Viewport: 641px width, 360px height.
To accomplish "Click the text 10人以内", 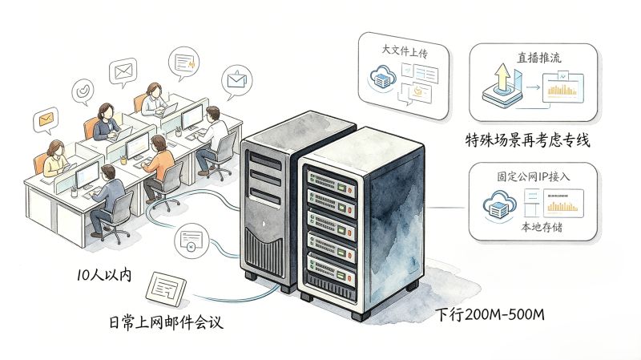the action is tap(104, 274).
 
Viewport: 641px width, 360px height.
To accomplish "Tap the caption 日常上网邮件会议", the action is tap(166, 322).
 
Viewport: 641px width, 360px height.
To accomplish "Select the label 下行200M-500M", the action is tap(490, 314).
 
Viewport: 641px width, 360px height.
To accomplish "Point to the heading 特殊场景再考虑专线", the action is tap(528, 140).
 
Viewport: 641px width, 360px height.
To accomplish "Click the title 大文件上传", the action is tap(405, 51).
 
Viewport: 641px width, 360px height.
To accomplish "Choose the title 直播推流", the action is tap(539, 58).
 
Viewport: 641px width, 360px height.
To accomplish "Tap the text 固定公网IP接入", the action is tap(533, 176).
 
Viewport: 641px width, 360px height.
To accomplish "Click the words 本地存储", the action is tap(542, 227).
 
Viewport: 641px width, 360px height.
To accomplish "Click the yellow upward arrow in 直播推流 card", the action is tap(502, 77).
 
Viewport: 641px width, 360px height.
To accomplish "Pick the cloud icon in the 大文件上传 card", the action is tap(383, 77).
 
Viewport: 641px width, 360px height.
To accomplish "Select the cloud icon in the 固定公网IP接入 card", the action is tap(498, 205).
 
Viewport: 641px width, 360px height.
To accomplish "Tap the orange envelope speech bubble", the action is tap(46, 120).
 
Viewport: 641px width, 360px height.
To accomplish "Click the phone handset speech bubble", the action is tap(83, 91).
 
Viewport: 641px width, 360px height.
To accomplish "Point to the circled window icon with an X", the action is tap(191, 241).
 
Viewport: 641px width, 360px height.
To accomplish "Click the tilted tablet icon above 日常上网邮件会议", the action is tap(166, 289).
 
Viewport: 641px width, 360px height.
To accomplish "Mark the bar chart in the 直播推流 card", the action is tap(562, 90).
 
